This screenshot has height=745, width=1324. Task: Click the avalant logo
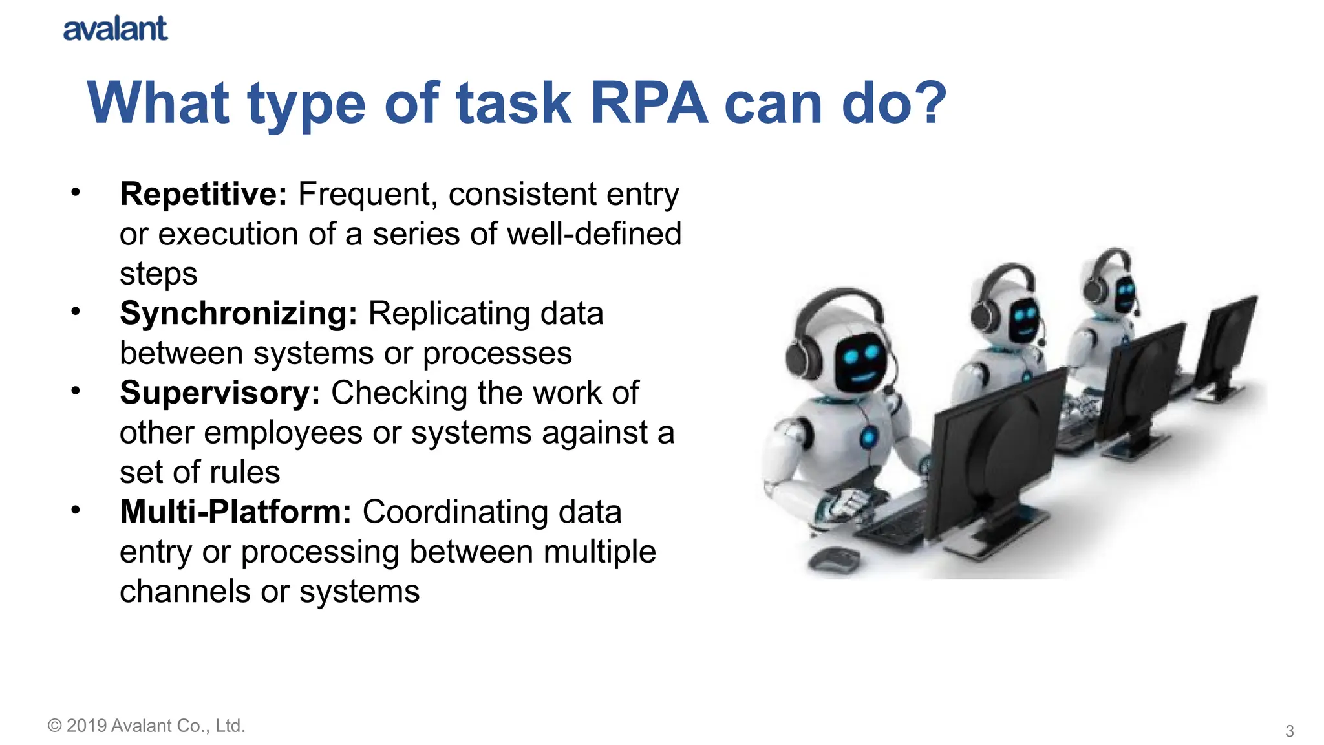point(115,29)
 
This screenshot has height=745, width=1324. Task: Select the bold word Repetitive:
point(203,194)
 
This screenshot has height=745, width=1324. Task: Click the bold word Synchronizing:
point(238,313)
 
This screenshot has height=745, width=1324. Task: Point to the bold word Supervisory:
point(220,393)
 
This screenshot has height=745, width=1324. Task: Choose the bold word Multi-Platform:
point(235,512)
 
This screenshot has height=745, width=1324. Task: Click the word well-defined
point(594,233)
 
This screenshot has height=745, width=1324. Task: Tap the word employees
point(283,432)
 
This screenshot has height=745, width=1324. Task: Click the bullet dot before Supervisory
point(76,391)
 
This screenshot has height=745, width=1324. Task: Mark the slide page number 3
point(1289,731)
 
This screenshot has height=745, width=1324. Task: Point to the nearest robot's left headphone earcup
point(802,360)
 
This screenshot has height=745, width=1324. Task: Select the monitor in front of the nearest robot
point(999,453)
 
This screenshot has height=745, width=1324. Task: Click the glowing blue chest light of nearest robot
point(868,438)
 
